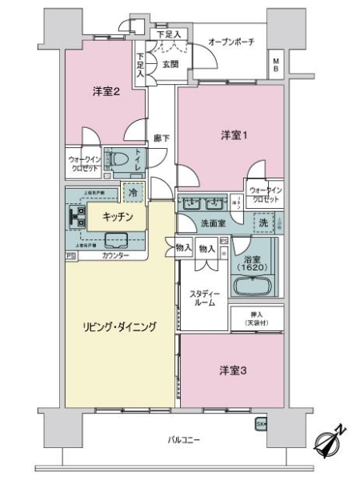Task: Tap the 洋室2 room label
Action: [x=106, y=92]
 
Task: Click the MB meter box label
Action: [x=275, y=64]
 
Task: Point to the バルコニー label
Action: [x=184, y=439]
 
